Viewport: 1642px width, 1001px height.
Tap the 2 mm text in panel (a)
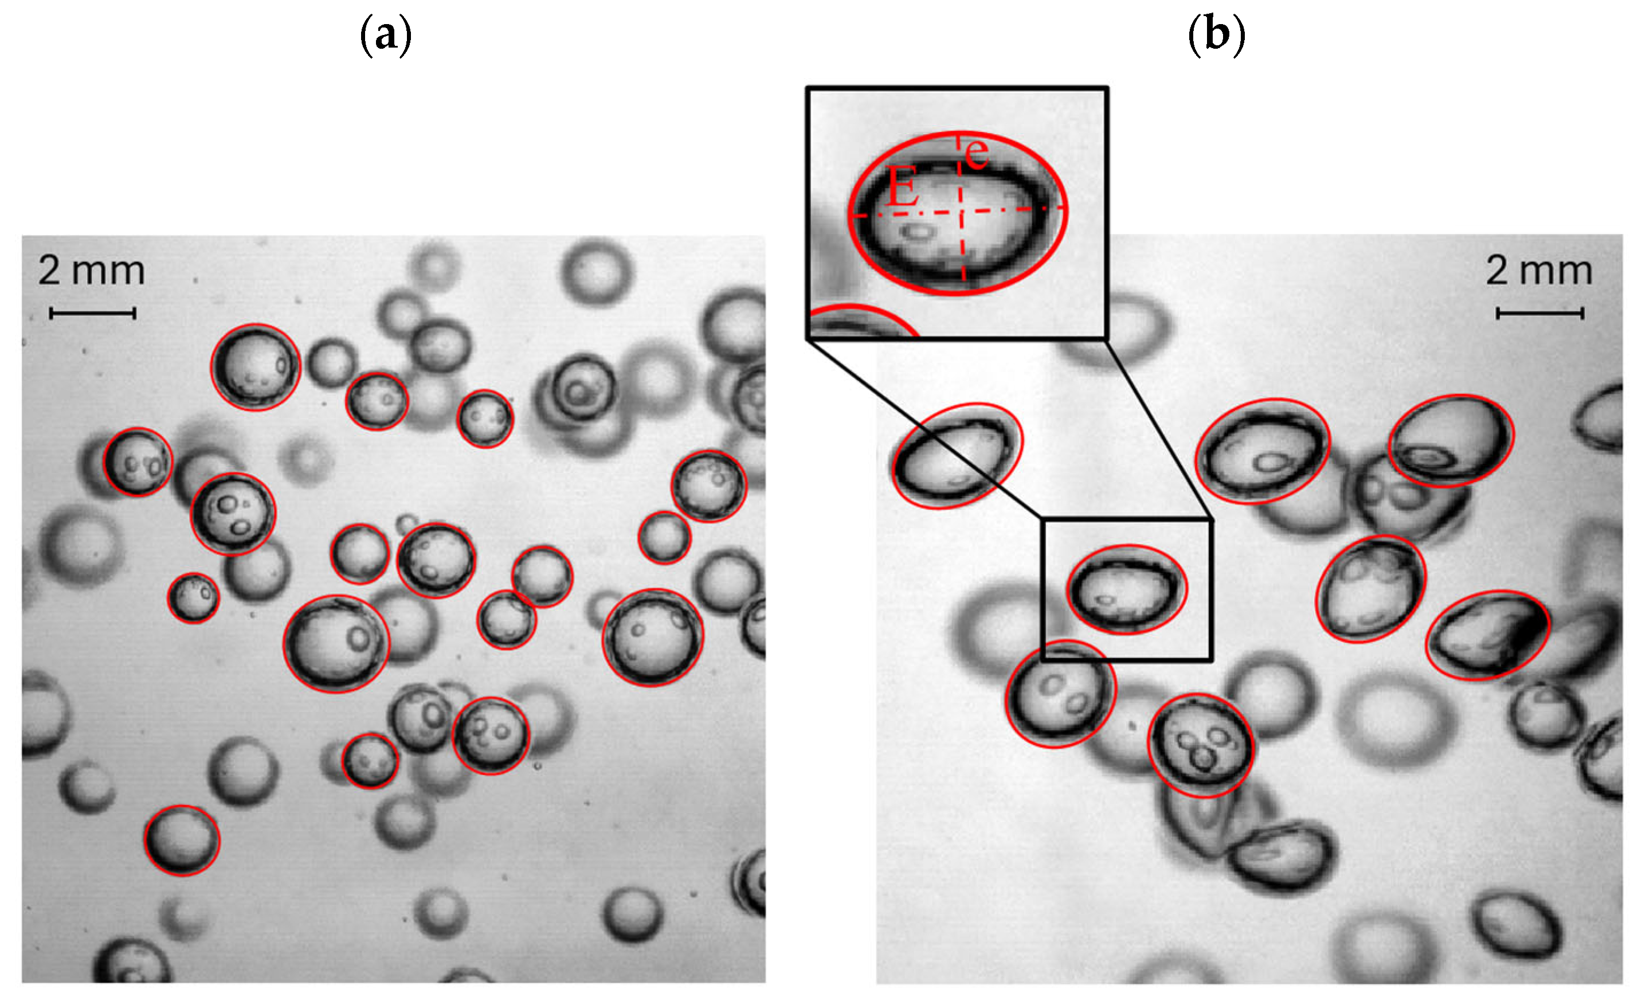point(91,271)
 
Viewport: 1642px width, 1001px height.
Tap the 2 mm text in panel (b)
point(1539,271)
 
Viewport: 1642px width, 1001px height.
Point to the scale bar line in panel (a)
point(93,312)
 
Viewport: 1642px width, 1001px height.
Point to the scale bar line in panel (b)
point(1539,312)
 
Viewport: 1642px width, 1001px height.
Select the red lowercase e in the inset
point(977,153)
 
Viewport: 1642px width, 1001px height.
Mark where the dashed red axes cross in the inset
point(961,212)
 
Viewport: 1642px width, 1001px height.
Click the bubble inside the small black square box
point(1126,589)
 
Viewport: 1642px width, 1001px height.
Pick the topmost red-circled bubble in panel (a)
point(255,367)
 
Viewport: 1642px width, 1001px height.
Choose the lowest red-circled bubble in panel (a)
point(182,840)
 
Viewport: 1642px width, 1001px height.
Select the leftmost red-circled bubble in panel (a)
point(138,462)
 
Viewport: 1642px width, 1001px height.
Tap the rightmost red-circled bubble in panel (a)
point(708,486)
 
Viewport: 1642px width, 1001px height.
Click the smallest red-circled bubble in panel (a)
point(193,598)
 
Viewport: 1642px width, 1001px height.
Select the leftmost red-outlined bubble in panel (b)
point(957,455)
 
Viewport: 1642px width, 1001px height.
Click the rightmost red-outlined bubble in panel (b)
point(1488,635)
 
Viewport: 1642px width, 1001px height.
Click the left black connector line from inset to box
point(923,428)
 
